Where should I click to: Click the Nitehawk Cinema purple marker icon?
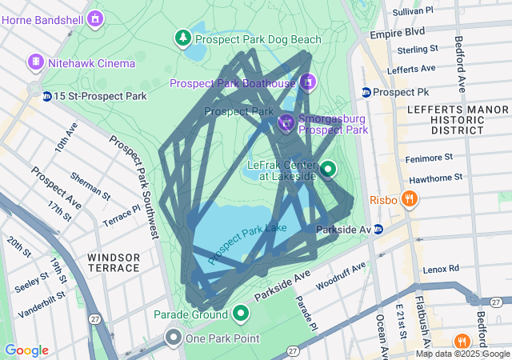click(35, 62)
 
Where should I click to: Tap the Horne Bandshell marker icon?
click(96, 17)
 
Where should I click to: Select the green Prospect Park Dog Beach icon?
click(184, 38)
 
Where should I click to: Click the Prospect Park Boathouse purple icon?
click(308, 82)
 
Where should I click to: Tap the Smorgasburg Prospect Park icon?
click(286, 122)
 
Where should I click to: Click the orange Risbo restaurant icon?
click(409, 199)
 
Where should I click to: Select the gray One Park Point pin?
click(174, 338)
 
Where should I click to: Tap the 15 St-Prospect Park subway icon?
click(47, 97)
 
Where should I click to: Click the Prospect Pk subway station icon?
click(366, 92)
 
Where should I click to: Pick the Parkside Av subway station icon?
click(378, 230)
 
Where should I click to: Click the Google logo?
click(26, 350)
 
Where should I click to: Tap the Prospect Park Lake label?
click(247, 243)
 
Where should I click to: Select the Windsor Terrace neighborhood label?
click(114, 262)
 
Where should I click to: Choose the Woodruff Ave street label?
click(341, 274)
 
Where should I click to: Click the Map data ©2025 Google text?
click(462, 354)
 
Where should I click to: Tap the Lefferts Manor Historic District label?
click(446, 118)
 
